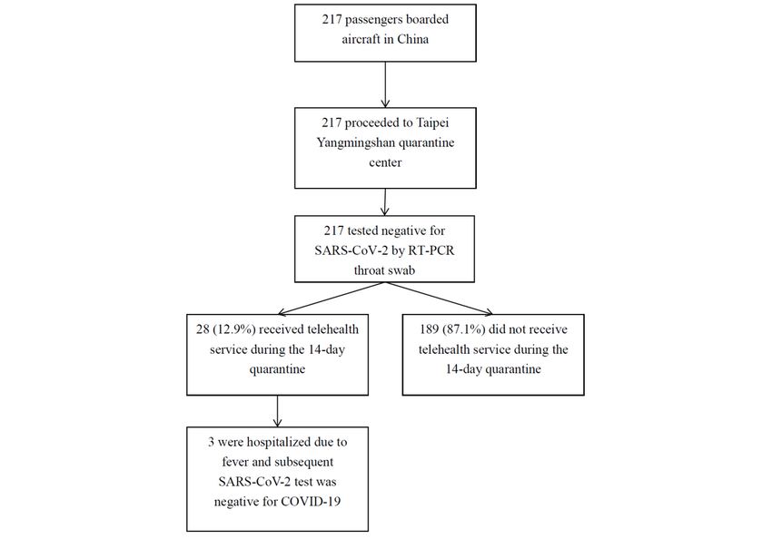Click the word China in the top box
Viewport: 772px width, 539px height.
pyautogui.click(x=413, y=39)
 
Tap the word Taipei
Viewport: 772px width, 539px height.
pyautogui.click(x=431, y=122)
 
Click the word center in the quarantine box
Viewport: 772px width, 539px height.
pyautogui.click(x=385, y=162)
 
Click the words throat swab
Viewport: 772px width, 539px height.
pyautogui.click(x=384, y=270)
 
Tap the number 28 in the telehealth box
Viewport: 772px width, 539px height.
pyautogui.click(x=203, y=329)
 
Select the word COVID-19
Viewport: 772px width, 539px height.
pyautogui.click(x=311, y=502)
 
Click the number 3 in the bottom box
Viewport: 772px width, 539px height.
pyautogui.click(x=211, y=442)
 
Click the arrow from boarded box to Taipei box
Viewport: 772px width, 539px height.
pyautogui.click(x=385, y=84)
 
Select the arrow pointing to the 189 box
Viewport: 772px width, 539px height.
pyautogui.click(x=439, y=299)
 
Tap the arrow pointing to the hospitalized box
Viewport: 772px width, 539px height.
pyautogui.click(x=277, y=411)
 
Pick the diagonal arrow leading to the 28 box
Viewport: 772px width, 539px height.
pyautogui.click(x=332, y=299)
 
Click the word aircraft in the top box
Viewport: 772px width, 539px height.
pyautogui.click(x=367, y=39)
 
